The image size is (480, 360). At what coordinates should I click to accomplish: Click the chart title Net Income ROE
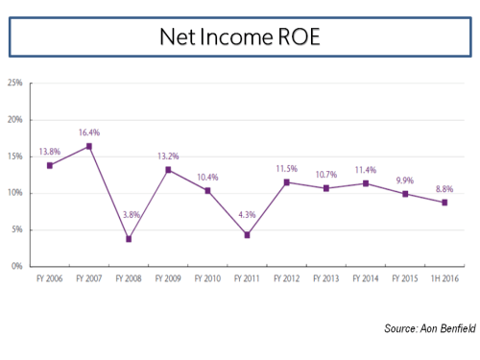tap(239, 38)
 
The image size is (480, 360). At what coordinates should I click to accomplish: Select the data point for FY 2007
tap(89, 146)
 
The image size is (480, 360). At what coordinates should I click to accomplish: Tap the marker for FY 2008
tap(129, 238)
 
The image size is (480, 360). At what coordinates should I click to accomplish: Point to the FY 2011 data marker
tap(248, 234)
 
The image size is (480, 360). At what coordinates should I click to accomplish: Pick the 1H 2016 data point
tap(445, 202)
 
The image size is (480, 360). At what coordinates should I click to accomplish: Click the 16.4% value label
tap(89, 133)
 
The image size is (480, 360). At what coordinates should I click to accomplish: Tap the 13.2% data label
tap(169, 156)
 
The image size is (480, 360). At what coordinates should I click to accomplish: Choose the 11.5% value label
tap(287, 169)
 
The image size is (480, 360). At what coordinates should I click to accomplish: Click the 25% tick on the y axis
tap(16, 84)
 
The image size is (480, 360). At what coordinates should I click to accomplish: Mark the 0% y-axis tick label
tap(18, 266)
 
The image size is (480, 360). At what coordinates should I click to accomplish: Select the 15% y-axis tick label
tap(16, 156)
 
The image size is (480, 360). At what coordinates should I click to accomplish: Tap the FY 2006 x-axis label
tap(50, 278)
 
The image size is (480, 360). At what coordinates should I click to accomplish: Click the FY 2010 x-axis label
tap(208, 278)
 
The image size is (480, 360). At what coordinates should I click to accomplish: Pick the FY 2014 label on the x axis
tap(367, 278)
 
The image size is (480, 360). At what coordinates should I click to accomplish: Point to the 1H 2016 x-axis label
tap(445, 278)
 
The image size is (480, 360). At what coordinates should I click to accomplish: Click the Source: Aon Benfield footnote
tap(428, 328)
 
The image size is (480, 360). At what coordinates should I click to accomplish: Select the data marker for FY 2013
tap(326, 188)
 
